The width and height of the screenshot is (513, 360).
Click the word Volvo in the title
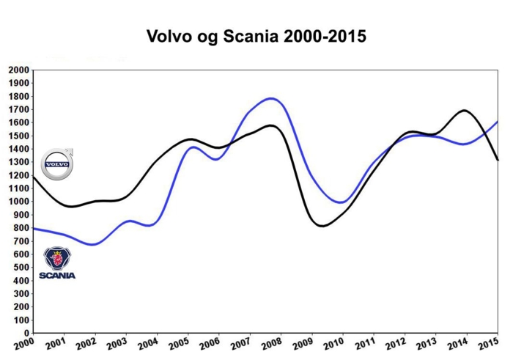pyautogui.click(x=171, y=36)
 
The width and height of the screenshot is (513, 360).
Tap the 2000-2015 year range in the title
pyautogui.click(x=328, y=36)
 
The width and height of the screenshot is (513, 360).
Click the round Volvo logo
pyautogui.click(x=56, y=164)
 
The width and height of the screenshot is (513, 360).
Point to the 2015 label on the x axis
pyautogui.click(x=486, y=344)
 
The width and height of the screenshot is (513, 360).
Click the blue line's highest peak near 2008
pyautogui.click(x=271, y=98)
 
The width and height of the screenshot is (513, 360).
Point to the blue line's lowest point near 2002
pyautogui.click(x=93, y=244)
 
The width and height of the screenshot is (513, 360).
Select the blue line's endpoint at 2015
pyautogui.click(x=498, y=122)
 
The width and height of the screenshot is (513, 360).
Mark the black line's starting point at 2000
pyautogui.click(x=32, y=176)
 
